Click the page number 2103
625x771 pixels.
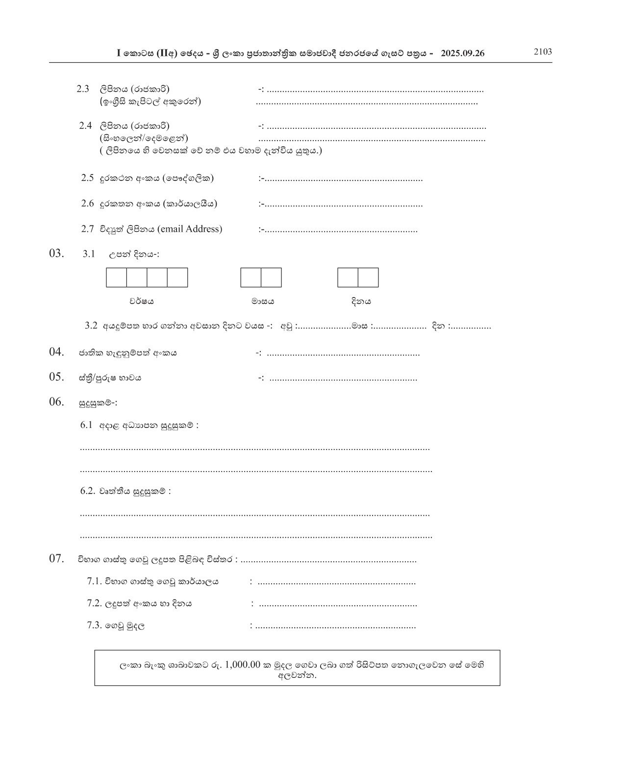[543, 52]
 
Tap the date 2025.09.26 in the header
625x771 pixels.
[462, 53]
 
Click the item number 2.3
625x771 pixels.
[83, 89]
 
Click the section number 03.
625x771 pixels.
[56, 253]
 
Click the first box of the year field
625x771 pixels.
[116, 277]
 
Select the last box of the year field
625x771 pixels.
[177, 277]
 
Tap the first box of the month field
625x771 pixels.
[250, 277]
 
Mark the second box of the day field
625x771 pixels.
[368, 277]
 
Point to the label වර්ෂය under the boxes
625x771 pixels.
[142, 301]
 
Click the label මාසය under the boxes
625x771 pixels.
[263, 301]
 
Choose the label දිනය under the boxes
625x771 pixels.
[361, 301]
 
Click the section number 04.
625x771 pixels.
[56, 352]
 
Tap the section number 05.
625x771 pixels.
[56, 377]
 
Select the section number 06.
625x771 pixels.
[56, 402]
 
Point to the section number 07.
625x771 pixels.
[56, 558]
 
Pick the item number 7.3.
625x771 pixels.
[94, 625]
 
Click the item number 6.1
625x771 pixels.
[86, 425]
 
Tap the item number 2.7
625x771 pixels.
[87, 229]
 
